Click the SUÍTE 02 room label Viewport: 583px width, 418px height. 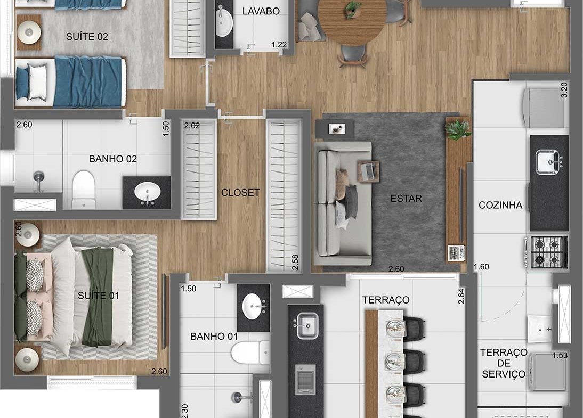point(87,36)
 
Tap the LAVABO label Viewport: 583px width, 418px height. point(261,11)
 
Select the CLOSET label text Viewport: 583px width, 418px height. point(240,192)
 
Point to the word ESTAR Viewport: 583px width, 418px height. point(406,199)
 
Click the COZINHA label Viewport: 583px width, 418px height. point(500,205)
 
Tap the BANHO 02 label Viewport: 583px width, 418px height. point(112,159)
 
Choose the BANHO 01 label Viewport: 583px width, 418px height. point(214,336)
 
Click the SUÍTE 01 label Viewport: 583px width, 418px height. point(98,296)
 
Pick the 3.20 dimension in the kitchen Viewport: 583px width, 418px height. point(564,90)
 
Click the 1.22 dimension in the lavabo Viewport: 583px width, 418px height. point(279,45)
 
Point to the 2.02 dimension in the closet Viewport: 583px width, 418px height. point(192,126)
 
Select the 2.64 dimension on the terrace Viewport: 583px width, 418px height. point(461,297)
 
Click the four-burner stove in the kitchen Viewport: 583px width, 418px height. point(547,251)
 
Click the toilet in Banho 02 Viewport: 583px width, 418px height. point(84,190)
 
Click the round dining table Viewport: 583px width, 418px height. point(351,21)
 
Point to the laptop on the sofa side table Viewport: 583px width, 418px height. point(368,171)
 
